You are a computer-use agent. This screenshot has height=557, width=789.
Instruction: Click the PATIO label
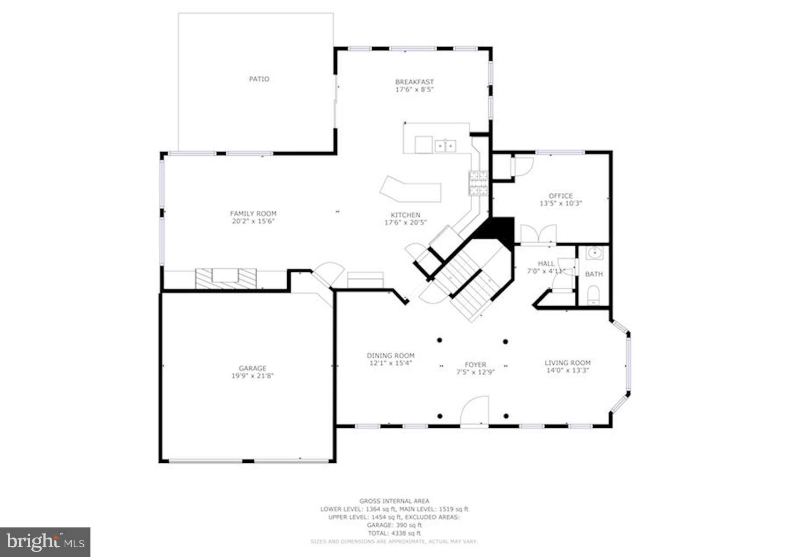pyautogui.click(x=259, y=79)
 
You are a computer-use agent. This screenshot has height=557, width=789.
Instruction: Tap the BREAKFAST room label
pyautogui.click(x=414, y=82)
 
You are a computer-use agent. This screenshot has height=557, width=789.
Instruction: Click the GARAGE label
pyautogui.click(x=253, y=368)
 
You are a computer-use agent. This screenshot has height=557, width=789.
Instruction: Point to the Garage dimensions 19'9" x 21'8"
pyautogui.click(x=253, y=376)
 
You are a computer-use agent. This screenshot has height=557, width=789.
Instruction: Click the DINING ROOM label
pyautogui.click(x=391, y=355)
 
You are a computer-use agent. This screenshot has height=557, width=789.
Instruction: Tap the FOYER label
pyautogui.click(x=475, y=364)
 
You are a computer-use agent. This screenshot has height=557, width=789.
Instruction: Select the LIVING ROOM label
pyautogui.click(x=567, y=363)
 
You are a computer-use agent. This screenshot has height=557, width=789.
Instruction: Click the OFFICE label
pyautogui.click(x=561, y=196)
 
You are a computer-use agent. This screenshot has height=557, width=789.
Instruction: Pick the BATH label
pyautogui.click(x=594, y=274)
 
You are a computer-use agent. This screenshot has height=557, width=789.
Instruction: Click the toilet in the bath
pyautogui.click(x=594, y=297)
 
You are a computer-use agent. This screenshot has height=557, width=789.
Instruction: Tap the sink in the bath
pyautogui.click(x=594, y=254)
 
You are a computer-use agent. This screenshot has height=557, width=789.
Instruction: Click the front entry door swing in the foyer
pyautogui.click(x=474, y=411)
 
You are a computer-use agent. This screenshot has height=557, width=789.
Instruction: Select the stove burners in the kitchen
pyautogui.click(x=477, y=183)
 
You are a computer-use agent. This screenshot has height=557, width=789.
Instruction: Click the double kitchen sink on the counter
pyautogui.click(x=445, y=146)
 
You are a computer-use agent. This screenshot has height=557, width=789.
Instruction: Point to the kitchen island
pyautogui.click(x=411, y=190)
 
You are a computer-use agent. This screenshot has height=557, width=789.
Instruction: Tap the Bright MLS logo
pyautogui.click(x=45, y=542)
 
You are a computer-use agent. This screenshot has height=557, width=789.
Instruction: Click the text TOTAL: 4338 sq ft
pyautogui.click(x=394, y=533)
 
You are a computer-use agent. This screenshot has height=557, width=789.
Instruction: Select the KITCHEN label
pyautogui.click(x=405, y=215)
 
